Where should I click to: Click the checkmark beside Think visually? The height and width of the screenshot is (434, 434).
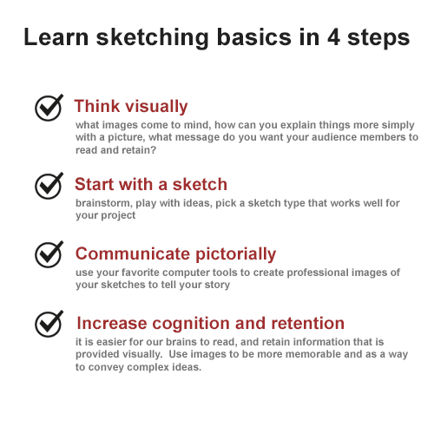49,107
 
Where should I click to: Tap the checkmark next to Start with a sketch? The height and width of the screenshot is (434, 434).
49,185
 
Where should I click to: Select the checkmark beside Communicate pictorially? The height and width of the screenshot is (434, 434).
49,254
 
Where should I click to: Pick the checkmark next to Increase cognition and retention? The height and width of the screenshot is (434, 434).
49,324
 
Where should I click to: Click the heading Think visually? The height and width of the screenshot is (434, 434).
131,107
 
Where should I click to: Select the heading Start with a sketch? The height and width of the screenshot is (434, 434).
151,185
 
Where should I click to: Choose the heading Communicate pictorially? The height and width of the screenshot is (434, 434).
175,254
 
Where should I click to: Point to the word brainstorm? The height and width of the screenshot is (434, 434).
106,203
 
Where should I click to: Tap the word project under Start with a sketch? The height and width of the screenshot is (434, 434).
120,215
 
